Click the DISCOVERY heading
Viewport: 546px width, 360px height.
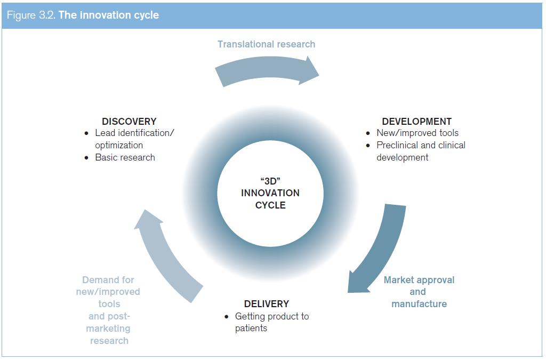pos(129,121)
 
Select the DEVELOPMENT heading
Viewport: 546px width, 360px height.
pos(416,121)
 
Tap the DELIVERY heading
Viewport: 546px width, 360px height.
pos(267,303)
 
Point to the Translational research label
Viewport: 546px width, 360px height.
pos(267,44)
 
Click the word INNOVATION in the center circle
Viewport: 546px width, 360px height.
pos(270,193)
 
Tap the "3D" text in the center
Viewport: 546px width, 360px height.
pos(270,181)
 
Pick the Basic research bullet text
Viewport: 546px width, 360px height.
pos(125,157)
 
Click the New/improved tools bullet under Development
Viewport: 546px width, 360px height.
pos(417,133)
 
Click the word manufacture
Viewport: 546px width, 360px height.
pos(419,303)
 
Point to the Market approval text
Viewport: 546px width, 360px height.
pos(419,280)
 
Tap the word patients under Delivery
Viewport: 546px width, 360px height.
pos(251,328)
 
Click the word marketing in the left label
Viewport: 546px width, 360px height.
pos(108,329)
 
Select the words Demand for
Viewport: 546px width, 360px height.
pos(108,280)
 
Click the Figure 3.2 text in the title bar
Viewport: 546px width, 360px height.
pos(31,15)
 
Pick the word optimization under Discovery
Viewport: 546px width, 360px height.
pos(119,145)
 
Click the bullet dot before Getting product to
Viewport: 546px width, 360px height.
pos(227,316)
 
